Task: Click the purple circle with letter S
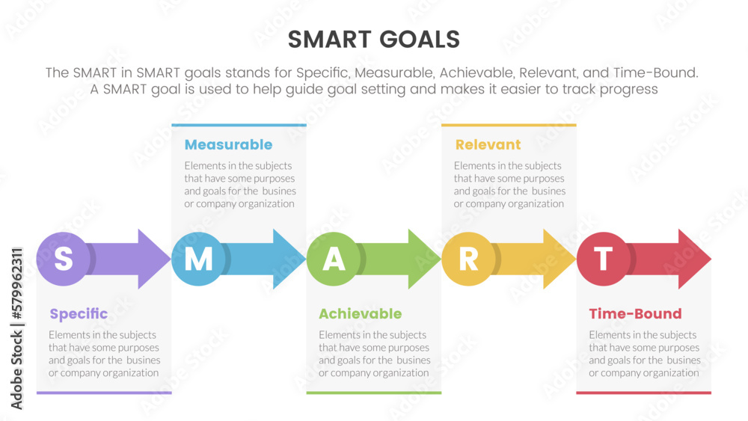(64, 259)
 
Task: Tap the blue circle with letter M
(198, 259)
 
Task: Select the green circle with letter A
(334, 259)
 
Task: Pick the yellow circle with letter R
(468, 259)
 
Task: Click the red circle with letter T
(604, 259)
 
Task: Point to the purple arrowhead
(152, 259)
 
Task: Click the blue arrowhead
(287, 259)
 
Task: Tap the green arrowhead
(422, 259)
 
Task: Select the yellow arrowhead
(557, 259)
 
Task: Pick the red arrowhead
(692, 259)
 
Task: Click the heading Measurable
(228, 144)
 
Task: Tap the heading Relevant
(488, 144)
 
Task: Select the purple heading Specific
(79, 314)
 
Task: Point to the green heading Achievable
(361, 314)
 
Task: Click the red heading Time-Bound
(635, 314)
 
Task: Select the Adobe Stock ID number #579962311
(16, 283)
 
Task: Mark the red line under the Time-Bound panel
(643, 393)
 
